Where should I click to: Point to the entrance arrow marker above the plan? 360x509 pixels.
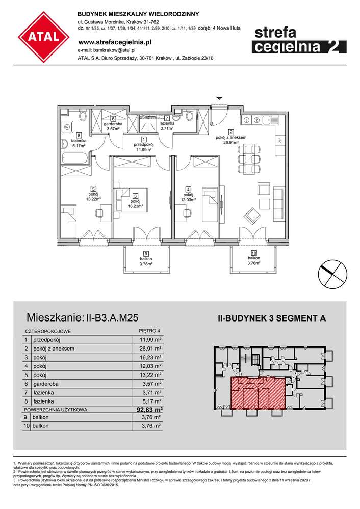[219, 97]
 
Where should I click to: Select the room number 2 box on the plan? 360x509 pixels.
[231, 131]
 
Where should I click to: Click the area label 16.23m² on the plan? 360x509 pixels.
[136, 206]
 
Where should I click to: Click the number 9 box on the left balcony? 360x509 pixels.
[145, 253]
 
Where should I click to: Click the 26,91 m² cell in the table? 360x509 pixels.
[151, 349]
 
